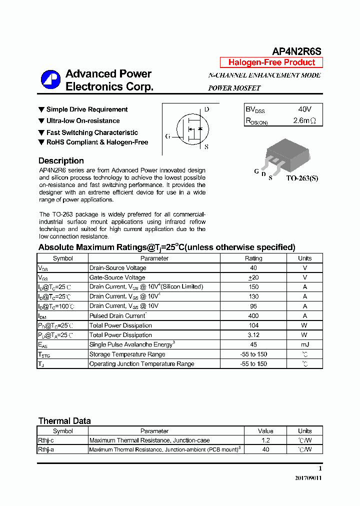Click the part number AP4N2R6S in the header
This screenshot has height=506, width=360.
[x=296, y=51]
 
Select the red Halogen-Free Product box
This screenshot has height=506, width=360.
[x=271, y=62]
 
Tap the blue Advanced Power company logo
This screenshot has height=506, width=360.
[x=50, y=80]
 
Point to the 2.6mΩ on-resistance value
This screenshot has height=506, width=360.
[x=304, y=120]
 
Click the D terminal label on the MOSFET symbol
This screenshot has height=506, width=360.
[x=206, y=109]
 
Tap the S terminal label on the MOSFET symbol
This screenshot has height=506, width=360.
[x=206, y=147]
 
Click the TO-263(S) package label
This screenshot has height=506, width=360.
[x=302, y=178]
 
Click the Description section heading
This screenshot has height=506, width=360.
[x=61, y=160]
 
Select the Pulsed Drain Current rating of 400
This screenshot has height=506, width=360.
[x=253, y=316]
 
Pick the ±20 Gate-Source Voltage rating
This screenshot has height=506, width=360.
[x=253, y=277]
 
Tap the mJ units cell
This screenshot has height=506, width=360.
[x=304, y=344]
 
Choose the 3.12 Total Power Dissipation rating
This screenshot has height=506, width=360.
[x=253, y=335]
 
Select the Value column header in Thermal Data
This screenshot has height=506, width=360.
[x=265, y=431]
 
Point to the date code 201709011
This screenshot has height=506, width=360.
[x=308, y=478]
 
